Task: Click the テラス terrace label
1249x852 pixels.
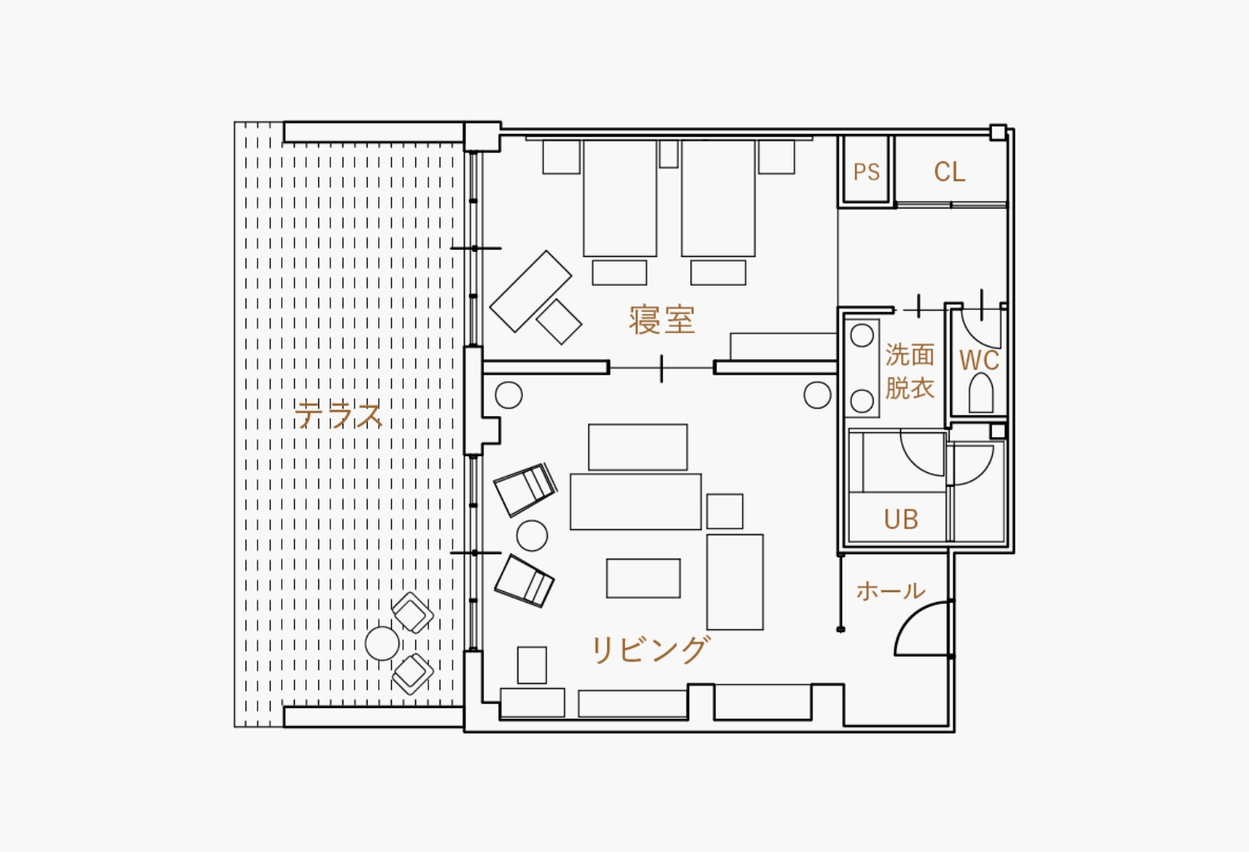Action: click(x=339, y=415)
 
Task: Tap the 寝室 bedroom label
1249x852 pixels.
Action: click(x=662, y=320)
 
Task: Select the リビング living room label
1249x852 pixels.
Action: click(x=650, y=650)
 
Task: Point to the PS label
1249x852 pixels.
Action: click(x=866, y=172)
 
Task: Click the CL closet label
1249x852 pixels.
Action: click(x=949, y=172)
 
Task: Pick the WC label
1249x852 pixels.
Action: click(x=979, y=360)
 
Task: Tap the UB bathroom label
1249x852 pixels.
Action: click(x=901, y=519)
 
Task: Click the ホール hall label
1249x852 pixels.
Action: click(x=891, y=590)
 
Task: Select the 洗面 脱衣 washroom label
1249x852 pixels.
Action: click(x=909, y=371)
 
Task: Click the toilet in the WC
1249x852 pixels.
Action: click(x=981, y=393)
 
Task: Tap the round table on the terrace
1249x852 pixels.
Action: click(x=383, y=644)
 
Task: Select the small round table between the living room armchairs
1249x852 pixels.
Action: click(x=532, y=536)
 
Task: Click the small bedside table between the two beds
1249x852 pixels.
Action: click(x=668, y=154)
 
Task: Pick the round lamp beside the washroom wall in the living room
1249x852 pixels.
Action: click(x=818, y=395)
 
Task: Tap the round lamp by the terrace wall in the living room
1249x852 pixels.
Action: click(x=509, y=396)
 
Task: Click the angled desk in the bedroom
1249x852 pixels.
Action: click(x=531, y=292)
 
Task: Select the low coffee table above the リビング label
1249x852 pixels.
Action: click(x=643, y=578)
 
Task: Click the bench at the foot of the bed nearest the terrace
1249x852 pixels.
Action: click(x=619, y=273)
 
